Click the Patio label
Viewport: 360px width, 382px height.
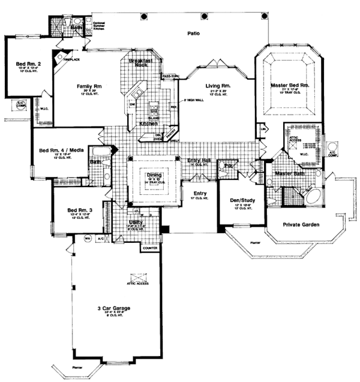pos(193,34)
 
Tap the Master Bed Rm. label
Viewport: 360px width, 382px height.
pos(289,85)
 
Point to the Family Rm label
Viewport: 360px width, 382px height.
pos(88,86)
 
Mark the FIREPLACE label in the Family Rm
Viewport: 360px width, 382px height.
pos(64,60)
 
